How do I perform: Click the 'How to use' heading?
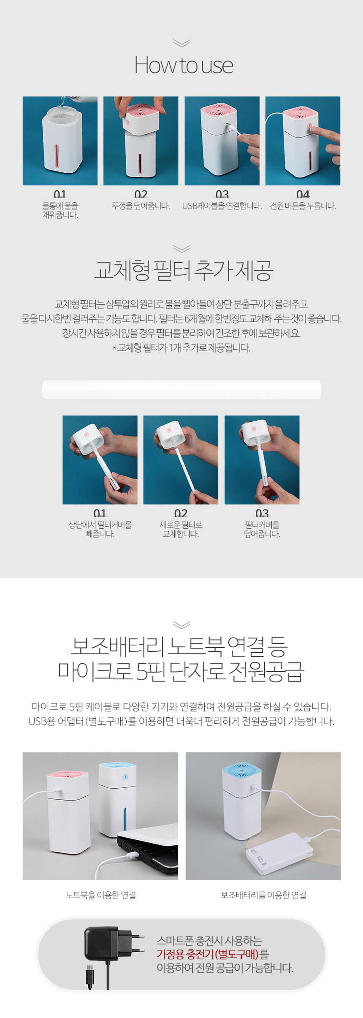point(184,65)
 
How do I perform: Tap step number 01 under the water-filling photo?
point(60,194)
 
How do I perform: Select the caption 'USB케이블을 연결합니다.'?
point(222,206)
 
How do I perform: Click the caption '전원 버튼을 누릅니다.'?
point(303,206)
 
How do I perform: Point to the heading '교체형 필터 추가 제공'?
point(183,271)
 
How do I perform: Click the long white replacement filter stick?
point(181,389)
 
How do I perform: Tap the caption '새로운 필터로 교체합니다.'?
point(181,529)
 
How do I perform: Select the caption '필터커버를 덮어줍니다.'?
point(262,529)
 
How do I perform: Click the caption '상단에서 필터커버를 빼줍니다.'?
point(100,529)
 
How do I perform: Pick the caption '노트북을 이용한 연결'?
point(100,895)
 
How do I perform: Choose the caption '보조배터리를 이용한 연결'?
point(263,895)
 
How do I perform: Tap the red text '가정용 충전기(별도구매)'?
point(207,954)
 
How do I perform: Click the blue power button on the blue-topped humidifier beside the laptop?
point(125,777)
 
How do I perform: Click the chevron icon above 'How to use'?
point(181,43)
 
